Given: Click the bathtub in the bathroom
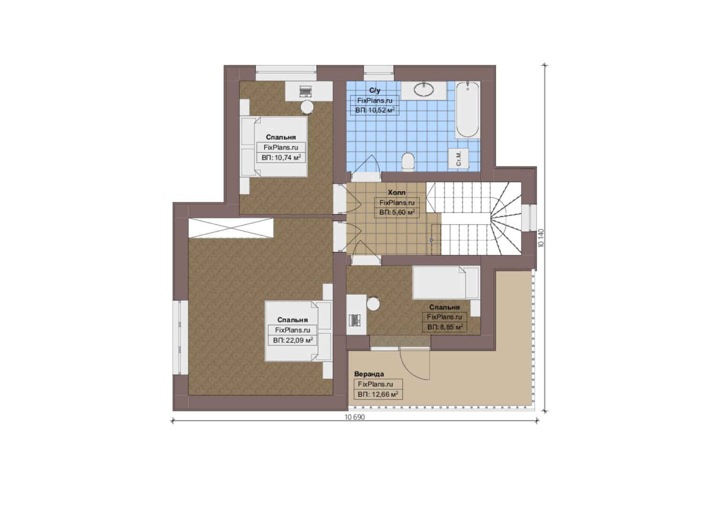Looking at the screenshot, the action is [467, 110].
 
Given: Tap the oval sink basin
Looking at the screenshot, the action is [423, 89].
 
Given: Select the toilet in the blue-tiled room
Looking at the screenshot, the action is [408, 162].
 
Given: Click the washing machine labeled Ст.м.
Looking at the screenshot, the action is [459, 158].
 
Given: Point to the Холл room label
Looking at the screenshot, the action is [396, 193].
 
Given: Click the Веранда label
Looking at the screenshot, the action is [369, 374].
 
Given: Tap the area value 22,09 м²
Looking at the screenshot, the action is [293, 340].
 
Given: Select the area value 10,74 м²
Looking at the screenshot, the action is [281, 157].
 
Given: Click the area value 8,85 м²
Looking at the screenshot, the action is [445, 327].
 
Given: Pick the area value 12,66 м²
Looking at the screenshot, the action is [378, 394].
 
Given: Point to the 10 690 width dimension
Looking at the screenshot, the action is [355, 417].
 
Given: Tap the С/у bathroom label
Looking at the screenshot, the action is [375, 90].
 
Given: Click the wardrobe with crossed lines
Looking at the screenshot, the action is [231, 228].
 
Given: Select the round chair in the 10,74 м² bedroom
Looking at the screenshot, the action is [307, 107].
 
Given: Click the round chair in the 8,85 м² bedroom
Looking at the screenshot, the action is [373, 304].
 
